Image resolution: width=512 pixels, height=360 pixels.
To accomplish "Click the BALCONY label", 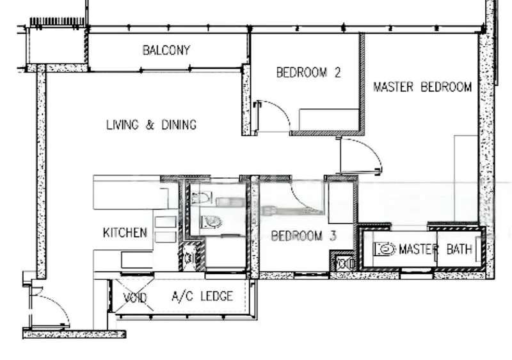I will pos(166,50).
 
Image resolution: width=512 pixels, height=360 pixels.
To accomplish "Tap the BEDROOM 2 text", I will pos(308,72).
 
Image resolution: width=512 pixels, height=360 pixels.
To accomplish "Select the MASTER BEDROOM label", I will pos(422,86).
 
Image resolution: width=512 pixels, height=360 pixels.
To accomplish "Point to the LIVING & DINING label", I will pos(151,125).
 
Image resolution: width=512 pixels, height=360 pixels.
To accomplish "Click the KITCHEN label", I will pos(125,233).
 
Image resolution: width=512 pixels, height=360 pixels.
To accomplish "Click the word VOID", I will pos(135,297).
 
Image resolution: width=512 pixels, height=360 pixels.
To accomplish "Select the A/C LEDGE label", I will pos(202,297).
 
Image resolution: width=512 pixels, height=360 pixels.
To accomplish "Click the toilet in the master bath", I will pos(384,249).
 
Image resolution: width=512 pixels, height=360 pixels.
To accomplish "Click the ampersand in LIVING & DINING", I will pos(149,125).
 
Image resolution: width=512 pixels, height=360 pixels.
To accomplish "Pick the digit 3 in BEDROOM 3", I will pos(333,236).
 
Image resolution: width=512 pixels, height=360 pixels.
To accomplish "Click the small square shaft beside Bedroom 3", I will pos(344,263).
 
